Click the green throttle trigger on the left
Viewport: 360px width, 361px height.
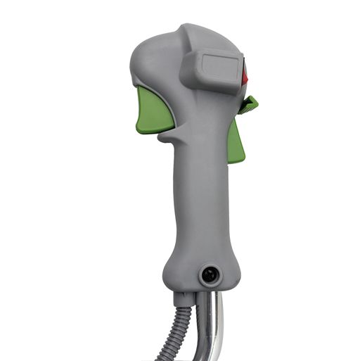click(155, 111)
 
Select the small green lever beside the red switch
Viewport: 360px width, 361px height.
click(249, 106)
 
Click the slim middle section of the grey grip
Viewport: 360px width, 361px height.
click(200, 197)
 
